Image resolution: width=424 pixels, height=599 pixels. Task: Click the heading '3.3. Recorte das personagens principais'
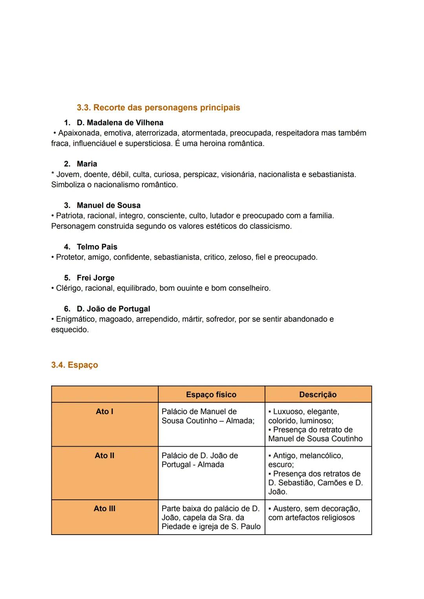(158, 108)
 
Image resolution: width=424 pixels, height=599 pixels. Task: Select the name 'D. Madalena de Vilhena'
(120, 123)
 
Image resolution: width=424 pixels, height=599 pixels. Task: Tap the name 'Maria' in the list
(87, 164)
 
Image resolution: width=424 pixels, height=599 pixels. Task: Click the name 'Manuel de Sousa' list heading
(108, 205)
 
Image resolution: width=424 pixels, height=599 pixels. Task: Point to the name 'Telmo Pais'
(97, 247)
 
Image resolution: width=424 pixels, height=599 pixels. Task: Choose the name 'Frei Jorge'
(95, 278)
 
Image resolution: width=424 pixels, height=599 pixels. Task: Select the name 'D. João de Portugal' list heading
(113, 309)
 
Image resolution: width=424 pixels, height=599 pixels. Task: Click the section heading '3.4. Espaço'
(75, 365)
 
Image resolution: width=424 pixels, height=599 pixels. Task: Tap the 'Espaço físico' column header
(211, 394)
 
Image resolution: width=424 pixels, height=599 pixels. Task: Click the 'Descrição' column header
(318, 394)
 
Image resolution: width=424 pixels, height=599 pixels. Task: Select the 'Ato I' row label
(104, 412)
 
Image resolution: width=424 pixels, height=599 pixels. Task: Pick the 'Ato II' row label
(104, 456)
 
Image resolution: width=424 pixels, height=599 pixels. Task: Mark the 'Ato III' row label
(104, 509)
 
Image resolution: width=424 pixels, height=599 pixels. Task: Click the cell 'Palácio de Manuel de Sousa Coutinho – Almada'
(208, 416)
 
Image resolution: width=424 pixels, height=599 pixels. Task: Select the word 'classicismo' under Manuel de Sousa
(270, 227)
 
